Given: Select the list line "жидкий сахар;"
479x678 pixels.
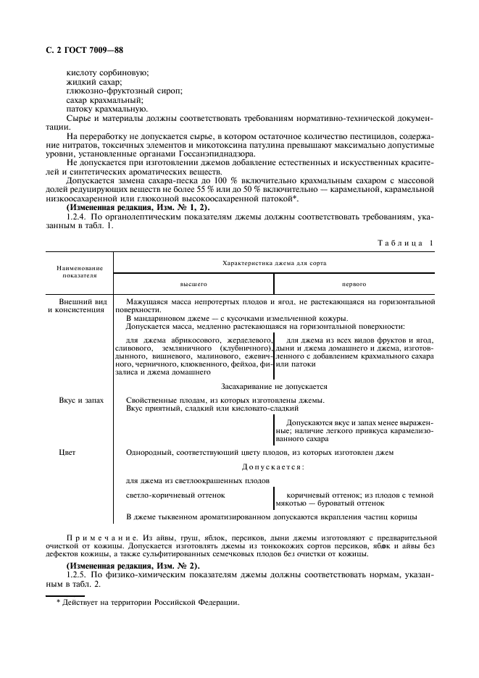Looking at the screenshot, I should tap(94, 82).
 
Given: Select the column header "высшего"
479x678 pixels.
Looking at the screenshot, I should tap(193, 285).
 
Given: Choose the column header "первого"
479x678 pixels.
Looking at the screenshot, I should tap(354, 285).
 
